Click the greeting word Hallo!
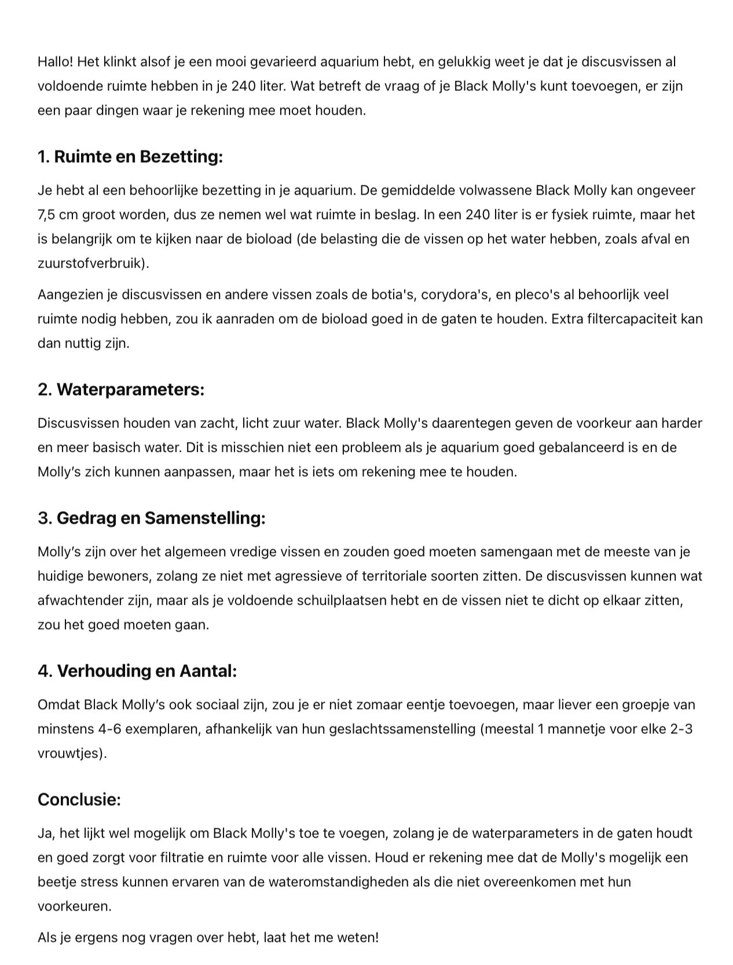coord(56,61)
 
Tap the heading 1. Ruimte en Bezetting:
coord(130,156)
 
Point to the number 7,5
coord(47,214)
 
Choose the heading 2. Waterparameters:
coord(121,389)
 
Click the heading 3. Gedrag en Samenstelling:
coord(152,518)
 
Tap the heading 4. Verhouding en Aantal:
coord(137,671)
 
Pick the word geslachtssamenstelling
coord(402,729)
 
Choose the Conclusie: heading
coord(79,799)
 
